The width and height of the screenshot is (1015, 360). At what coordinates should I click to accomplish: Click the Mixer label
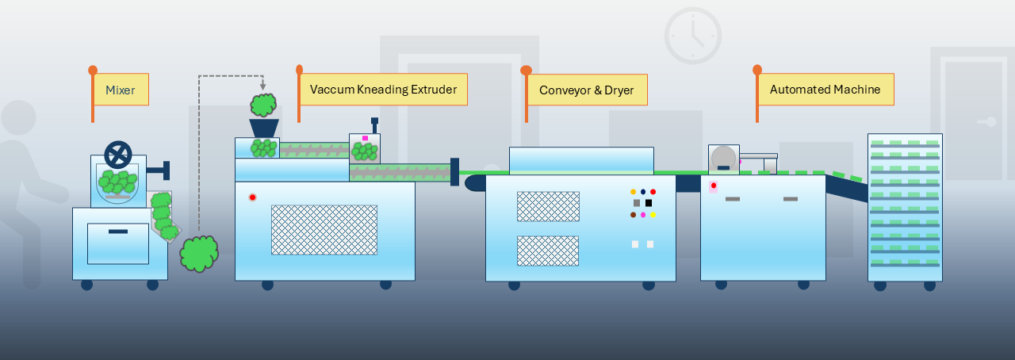(121, 90)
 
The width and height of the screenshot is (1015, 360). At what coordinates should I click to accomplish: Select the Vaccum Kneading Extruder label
(383, 90)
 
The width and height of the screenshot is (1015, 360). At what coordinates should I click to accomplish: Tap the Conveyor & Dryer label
(587, 90)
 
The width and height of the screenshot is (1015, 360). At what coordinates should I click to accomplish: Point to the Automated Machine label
(825, 90)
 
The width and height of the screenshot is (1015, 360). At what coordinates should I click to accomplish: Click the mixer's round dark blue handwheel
(117, 155)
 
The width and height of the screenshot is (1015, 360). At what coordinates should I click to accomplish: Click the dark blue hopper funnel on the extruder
(263, 128)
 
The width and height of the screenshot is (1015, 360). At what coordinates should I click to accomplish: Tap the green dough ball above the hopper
(263, 105)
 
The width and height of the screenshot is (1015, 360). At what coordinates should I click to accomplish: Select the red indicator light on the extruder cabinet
(252, 197)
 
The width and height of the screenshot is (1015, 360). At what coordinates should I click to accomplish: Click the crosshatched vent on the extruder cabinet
(324, 230)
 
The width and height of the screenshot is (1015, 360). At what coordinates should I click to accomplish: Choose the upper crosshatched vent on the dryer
(548, 206)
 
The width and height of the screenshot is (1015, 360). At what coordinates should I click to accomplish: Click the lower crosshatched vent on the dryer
(548, 251)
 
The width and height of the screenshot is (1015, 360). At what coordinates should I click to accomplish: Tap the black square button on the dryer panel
(649, 203)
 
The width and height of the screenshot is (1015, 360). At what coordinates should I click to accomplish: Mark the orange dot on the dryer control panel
(633, 192)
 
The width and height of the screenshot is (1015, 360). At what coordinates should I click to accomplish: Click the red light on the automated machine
(713, 186)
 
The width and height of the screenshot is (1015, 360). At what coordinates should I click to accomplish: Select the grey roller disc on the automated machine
(723, 157)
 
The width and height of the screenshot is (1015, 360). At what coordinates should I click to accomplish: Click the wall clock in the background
(692, 36)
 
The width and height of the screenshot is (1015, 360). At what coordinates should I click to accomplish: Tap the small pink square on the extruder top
(365, 139)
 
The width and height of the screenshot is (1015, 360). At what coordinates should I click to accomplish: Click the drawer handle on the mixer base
(117, 231)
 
